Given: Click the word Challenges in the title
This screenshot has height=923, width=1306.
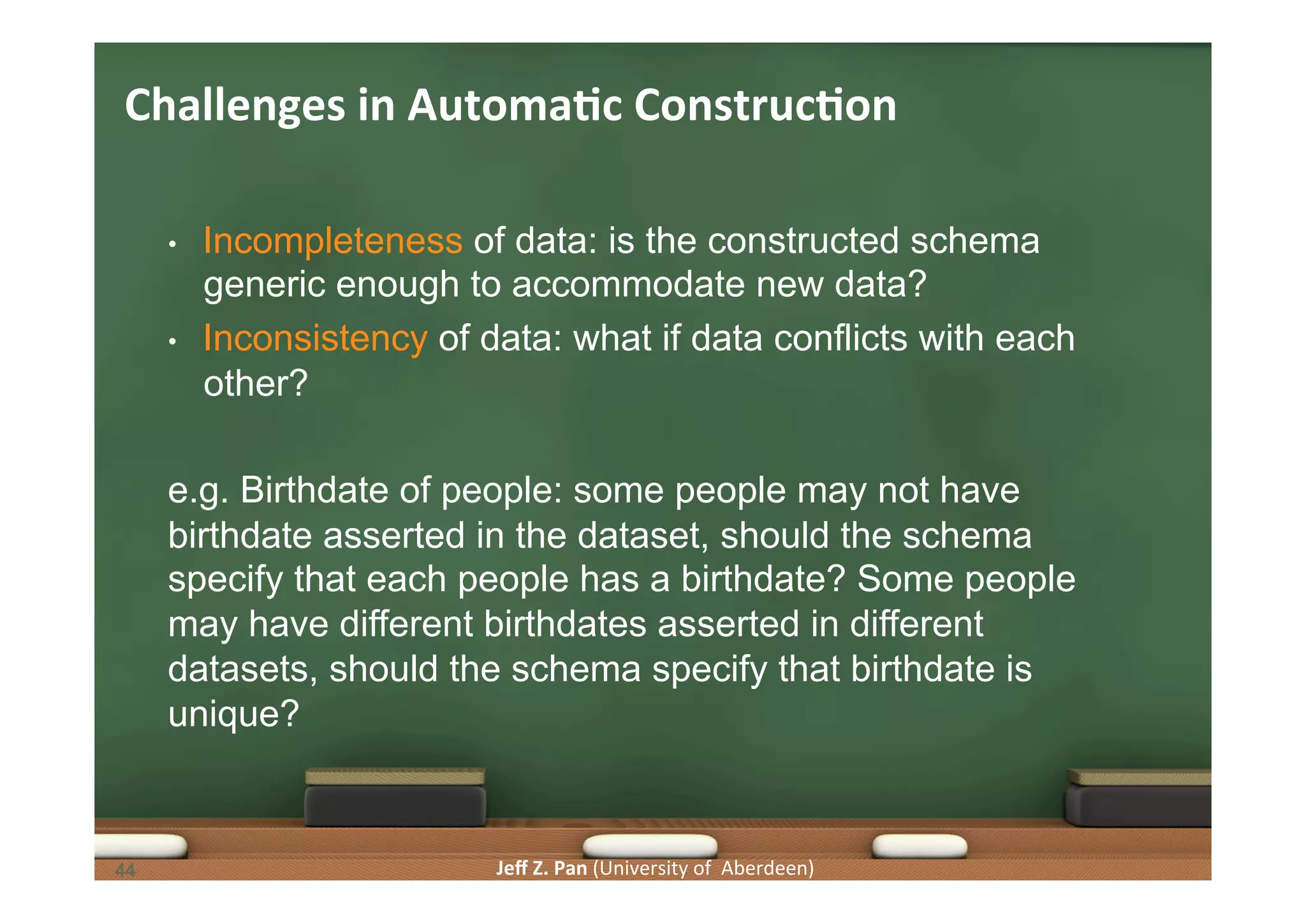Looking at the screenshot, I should pyautogui.click(x=235, y=106).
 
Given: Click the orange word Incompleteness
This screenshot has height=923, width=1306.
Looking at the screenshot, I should pyautogui.click(x=332, y=241).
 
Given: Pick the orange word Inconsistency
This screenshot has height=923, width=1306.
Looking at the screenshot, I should pyautogui.click(x=315, y=338).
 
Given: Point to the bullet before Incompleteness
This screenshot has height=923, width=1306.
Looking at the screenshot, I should pyautogui.click(x=172, y=244).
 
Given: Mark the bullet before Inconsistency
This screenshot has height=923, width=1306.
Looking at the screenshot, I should pyautogui.click(x=172, y=342).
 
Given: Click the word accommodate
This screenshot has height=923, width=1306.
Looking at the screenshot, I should pyautogui.click(x=627, y=284).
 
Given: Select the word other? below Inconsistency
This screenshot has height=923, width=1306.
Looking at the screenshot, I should pyautogui.click(x=255, y=384).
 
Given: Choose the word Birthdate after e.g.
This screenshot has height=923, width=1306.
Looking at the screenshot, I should pyautogui.click(x=314, y=491).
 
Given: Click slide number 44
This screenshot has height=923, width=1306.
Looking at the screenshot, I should pyautogui.click(x=126, y=870).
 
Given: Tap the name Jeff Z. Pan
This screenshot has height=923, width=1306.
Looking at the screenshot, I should pyautogui.click(x=541, y=868).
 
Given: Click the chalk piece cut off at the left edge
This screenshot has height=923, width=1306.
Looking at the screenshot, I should pyautogui.click(x=140, y=846).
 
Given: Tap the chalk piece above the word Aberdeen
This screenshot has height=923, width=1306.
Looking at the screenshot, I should pyautogui.click(x=919, y=846).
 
